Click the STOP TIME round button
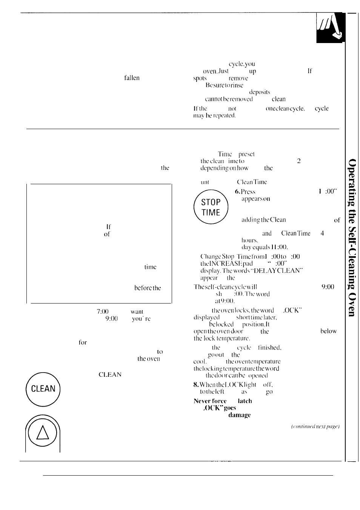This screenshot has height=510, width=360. pyautogui.click(x=211, y=207)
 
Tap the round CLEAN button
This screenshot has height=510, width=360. pyautogui.click(x=43, y=389)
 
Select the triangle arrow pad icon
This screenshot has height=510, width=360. pyautogui.click(x=43, y=433)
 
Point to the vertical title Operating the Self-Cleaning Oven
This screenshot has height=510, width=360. pyautogui.click(x=351, y=237)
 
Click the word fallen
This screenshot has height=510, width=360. pyautogui.click(x=132, y=78)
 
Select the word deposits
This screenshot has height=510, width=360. pyautogui.click(x=259, y=92)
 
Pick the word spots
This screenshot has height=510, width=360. pyautogui.click(x=200, y=79)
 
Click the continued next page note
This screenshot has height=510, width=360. pyautogui.click(x=315, y=427)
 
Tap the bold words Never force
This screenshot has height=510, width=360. pyautogui.click(x=210, y=401)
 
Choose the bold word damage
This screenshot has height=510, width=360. pyautogui.click(x=239, y=415)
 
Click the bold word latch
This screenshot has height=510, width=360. pyautogui.click(x=245, y=401)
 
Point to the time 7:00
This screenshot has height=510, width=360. pyautogui.click(x=103, y=312)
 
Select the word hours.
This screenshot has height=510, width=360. pyautogui.click(x=249, y=240)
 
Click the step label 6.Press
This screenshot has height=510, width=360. pyautogui.click(x=245, y=192)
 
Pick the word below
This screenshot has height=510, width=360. pyautogui.click(x=328, y=331)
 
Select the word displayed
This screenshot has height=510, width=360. pyautogui.click(x=206, y=317)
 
